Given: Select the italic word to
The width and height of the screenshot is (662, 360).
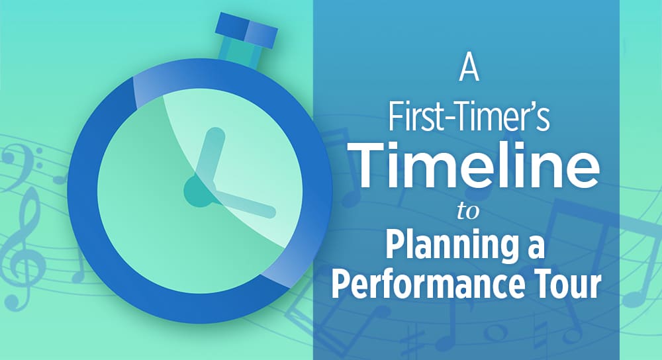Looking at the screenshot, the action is click(x=468, y=212).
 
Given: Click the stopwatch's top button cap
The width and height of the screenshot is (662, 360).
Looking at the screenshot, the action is click(x=246, y=30).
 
